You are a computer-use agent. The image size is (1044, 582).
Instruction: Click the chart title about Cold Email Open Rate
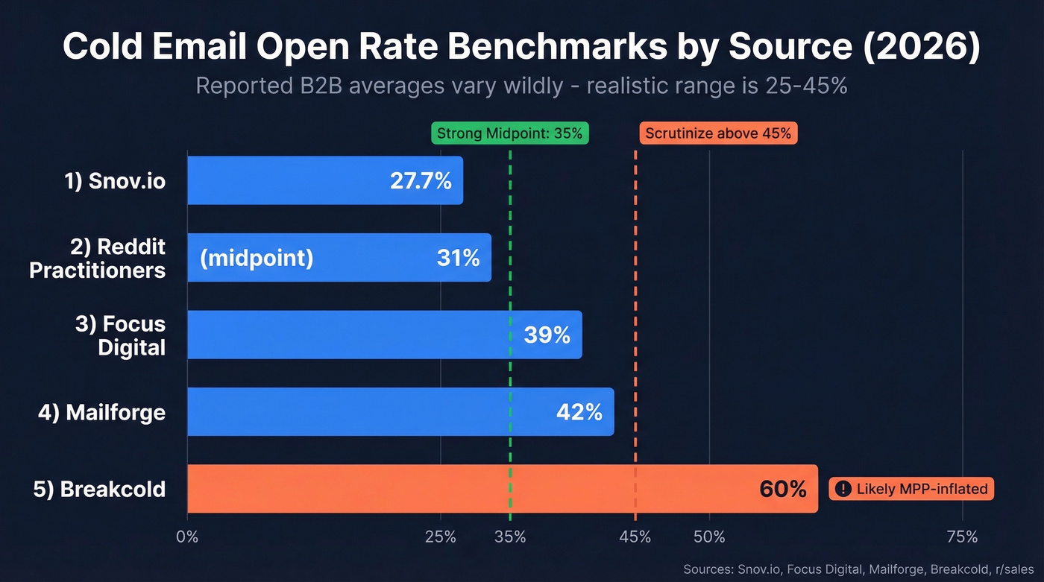click(x=521, y=46)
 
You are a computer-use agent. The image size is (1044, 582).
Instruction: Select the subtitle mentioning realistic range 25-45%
click(x=521, y=86)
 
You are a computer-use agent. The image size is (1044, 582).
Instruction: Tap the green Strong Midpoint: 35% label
click(x=510, y=134)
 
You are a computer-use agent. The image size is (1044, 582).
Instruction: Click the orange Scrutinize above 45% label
click(x=718, y=134)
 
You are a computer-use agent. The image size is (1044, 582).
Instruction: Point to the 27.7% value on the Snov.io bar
click(x=421, y=180)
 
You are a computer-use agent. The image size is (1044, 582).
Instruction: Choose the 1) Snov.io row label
click(x=115, y=180)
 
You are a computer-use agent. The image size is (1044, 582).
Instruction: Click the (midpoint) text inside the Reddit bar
click(x=257, y=258)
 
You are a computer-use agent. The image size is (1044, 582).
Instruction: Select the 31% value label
click(x=458, y=258)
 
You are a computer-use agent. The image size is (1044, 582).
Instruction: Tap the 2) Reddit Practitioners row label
click(x=98, y=258)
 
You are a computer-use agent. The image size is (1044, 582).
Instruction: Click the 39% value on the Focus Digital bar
click(x=547, y=335)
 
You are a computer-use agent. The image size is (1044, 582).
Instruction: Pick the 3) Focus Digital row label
click(x=120, y=335)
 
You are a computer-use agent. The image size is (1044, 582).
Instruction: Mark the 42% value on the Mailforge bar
click(x=579, y=412)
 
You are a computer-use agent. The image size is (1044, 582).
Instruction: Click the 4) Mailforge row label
click(x=102, y=412)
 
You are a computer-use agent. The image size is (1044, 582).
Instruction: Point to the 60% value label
click(x=782, y=489)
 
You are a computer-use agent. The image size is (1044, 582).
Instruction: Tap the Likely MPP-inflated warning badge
click(x=911, y=489)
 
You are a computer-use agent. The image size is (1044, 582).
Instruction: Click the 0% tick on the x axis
click(x=187, y=537)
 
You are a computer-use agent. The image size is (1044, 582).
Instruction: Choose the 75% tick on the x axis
click(x=961, y=537)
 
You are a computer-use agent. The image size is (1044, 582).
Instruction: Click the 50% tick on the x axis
click(x=709, y=537)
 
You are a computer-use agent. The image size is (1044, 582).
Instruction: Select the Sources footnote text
click(x=858, y=569)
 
